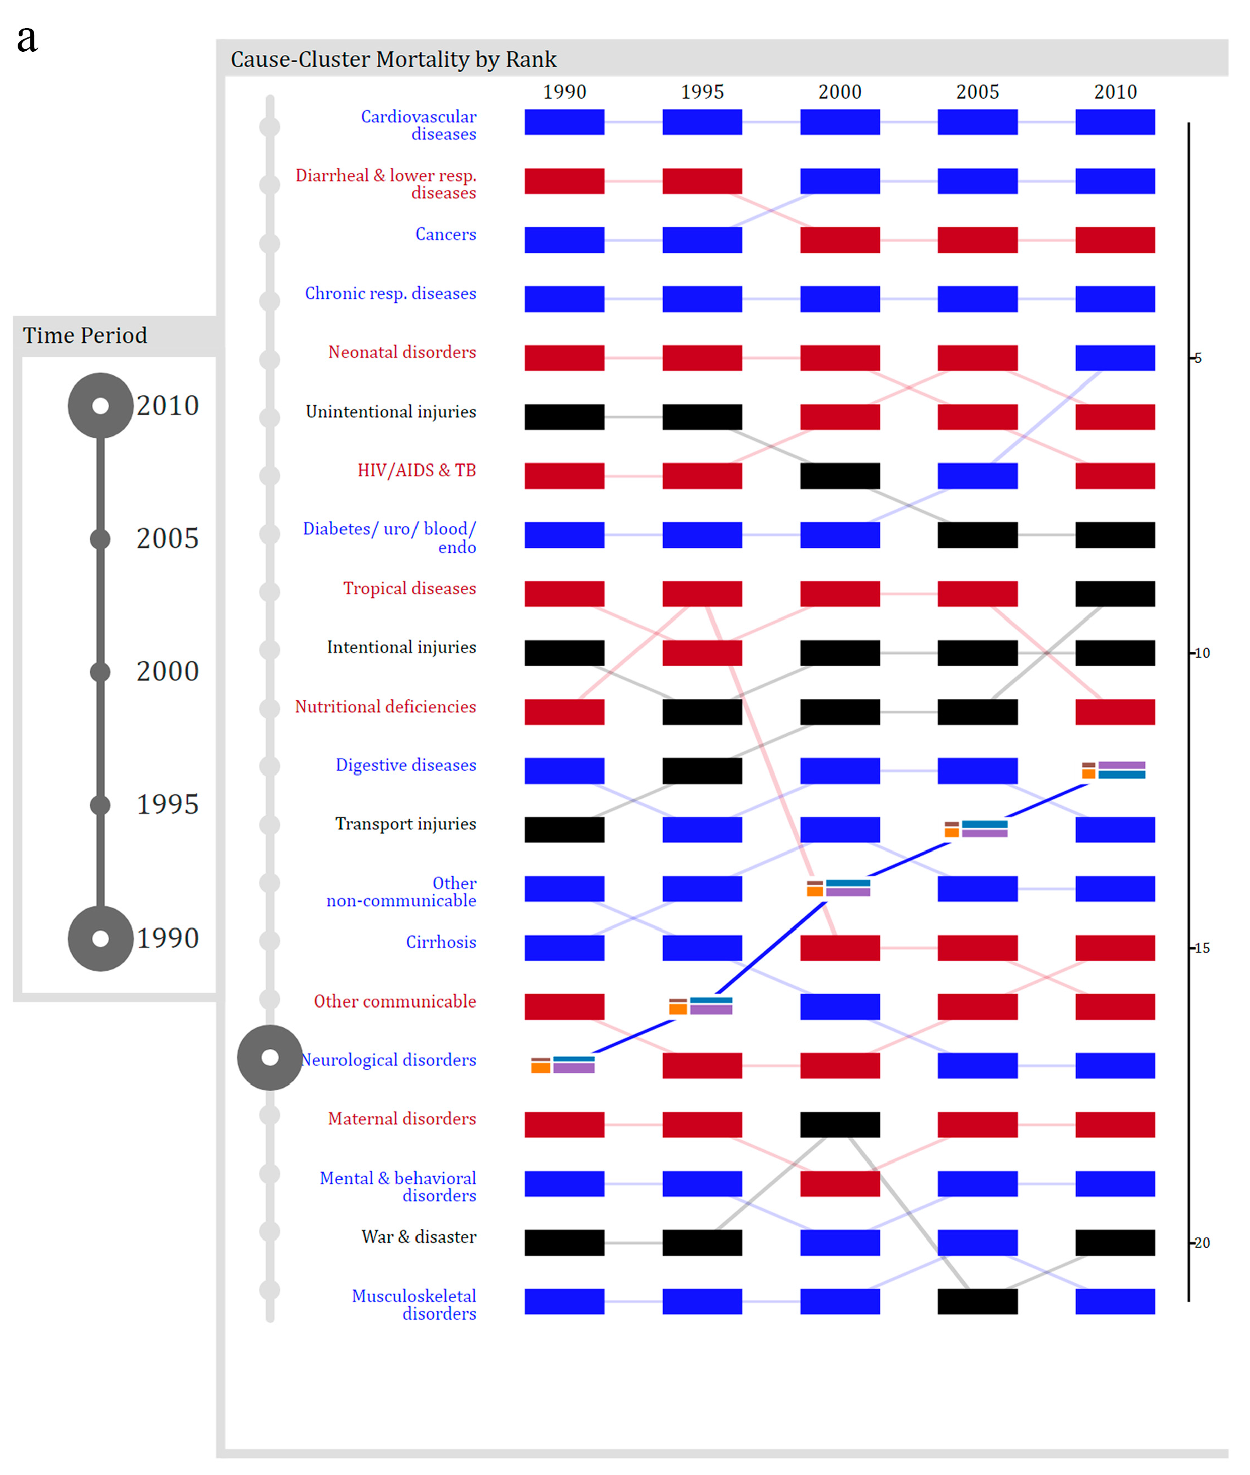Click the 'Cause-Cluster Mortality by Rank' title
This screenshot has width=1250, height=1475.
click(x=393, y=59)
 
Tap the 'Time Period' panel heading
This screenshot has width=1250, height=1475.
click(x=85, y=335)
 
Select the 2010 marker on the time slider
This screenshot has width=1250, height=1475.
click(x=101, y=405)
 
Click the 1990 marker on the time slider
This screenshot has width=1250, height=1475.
click(x=101, y=938)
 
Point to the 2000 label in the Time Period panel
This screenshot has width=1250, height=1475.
click(x=167, y=672)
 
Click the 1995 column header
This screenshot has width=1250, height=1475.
click(x=702, y=92)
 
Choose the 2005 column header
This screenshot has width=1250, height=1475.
click(x=977, y=92)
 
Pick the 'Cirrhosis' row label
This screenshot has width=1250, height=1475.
click(x=440, y=941)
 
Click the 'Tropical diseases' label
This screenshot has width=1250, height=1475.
click(x=409, y=588)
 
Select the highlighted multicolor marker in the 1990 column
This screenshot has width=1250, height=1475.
click(x=563, y=1064)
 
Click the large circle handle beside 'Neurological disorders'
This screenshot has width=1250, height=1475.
click(x=270, y=1058)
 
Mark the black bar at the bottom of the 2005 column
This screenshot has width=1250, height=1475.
click(x=977, y=1302)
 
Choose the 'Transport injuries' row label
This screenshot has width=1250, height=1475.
click(x=405, y=824)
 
